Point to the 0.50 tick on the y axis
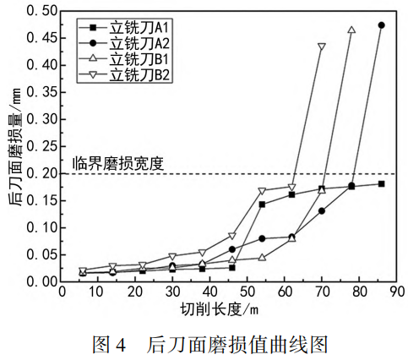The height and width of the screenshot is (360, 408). [x=41, y=11]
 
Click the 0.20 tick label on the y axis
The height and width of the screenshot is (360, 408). [x=41, y=173]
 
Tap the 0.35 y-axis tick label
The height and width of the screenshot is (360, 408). [x=41, y=92]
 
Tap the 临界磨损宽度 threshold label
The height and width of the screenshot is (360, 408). [x=117, y=161]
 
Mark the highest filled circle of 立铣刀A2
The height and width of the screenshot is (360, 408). [x=382, y=25]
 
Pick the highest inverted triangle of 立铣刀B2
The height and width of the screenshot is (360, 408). [x=321, y=46]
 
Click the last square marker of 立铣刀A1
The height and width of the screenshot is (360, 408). [x=382, y=183]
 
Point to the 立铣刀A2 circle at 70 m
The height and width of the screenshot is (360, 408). [x=322, y=210]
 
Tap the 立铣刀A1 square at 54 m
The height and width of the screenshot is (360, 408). [x=262, y=205]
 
